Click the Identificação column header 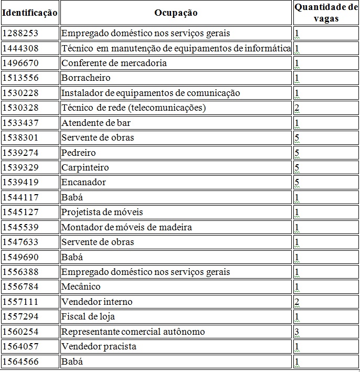30,13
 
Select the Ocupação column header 176,13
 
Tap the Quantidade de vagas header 326,13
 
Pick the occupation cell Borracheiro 86,78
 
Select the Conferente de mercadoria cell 114,63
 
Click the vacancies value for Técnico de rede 297,108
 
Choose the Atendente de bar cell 96,123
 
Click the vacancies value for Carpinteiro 297,167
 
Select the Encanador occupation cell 83,182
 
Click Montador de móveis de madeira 126,227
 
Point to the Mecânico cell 81,286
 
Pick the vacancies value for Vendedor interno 297,302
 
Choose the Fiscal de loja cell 88,316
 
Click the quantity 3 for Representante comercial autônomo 297,332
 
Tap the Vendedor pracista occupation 99,346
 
